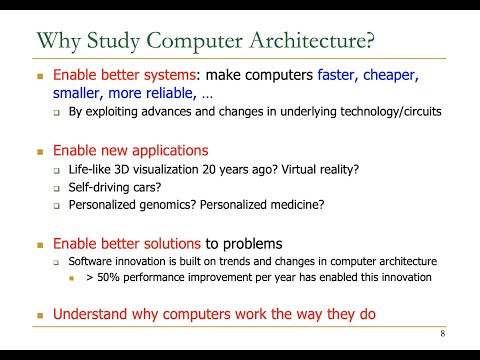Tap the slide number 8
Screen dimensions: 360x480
pos(442,333)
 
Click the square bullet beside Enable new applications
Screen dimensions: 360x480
pos(41,151)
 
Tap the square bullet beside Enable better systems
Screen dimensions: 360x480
pos(41,75)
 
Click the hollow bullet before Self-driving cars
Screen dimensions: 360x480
pos(57,188)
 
